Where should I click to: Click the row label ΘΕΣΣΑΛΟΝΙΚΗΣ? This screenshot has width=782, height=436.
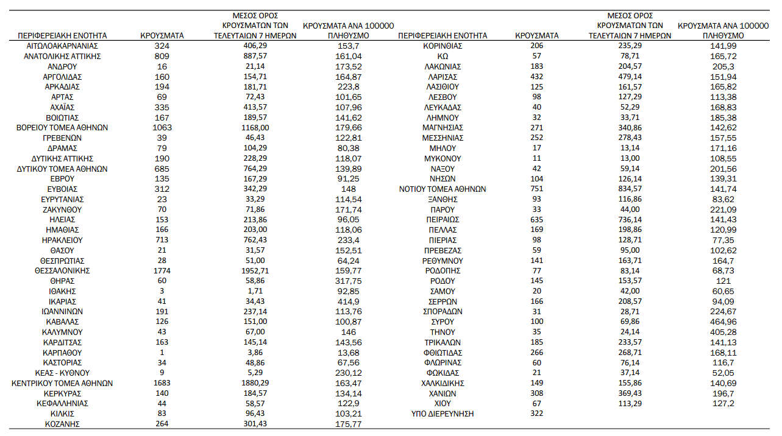pyautogui.click(x=63, y=271)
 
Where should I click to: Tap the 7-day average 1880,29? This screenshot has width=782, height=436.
pyautogui.click(x=255, y=384)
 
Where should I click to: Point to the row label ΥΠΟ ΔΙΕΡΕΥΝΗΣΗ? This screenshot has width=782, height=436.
pyautogui.click(x=443, y=414)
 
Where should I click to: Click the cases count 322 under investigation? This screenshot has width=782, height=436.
pyautogui.click(x=537, y=414)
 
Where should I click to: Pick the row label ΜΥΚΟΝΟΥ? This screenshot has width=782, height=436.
pyautogui.click(x=443, y=158)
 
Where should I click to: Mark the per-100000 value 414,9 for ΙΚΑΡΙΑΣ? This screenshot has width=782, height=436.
pyautogui.click(x=349, y=301)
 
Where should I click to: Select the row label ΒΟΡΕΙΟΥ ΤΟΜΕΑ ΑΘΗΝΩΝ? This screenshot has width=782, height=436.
pyautogui.click(x=63, y=128)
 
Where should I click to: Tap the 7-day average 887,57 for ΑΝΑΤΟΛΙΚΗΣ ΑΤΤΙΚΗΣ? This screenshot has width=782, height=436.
pyautogui.click(x=255, y=56)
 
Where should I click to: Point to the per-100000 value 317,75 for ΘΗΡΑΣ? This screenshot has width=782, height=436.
pyautogui.click(x=349, y=281)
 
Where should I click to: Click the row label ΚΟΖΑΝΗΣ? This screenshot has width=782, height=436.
pyautogui.click(x=63, y=424)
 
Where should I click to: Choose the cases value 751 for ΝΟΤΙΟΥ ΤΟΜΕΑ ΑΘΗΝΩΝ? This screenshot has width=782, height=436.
pyautogui.click(x=537, y=189)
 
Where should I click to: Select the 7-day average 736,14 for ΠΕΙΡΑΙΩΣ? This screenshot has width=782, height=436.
pyautogui.click(x=630, y=220)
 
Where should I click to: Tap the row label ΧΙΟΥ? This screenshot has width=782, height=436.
pyautogui.click(x=443, y=404)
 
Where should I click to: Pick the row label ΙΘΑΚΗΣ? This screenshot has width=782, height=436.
pyautogui.click(x=63, y=291)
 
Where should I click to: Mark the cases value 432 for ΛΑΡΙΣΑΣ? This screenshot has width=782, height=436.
pyautogui.click(x=537, y=77)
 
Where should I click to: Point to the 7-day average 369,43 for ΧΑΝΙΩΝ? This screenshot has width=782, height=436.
pyautogui.click(x=630, y=394)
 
